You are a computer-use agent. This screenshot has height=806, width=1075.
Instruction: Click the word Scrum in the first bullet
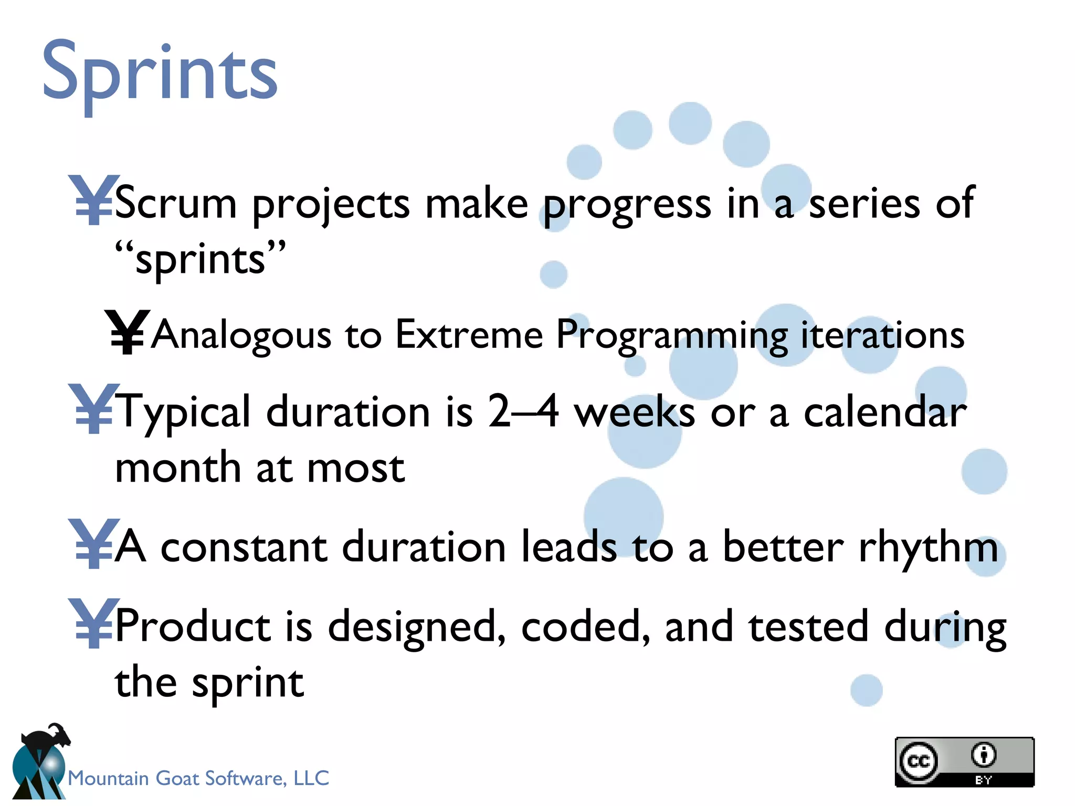click(x=175, y=204)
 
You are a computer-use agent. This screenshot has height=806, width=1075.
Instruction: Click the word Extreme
click(x=469, y=335)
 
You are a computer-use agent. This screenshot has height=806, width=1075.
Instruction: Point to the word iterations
click(x=882, y=335)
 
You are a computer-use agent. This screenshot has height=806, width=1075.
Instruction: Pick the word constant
click(x=244, y=547)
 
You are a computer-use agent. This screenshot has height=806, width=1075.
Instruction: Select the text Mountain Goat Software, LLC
click(x=198, y=778)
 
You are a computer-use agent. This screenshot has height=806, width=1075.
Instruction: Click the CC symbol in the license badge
click(x=918, y=761)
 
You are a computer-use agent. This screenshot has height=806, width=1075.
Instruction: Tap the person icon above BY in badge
click(x=983, y=755)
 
